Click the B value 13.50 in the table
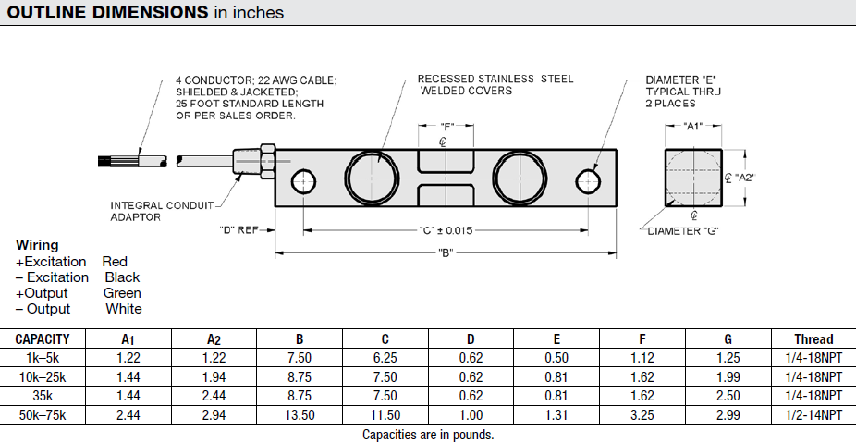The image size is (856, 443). pyautogui.click(x=299, y=415)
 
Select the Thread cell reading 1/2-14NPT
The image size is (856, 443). pyautogui.click(x=813, y=415)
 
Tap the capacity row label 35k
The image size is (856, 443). pyautogui.click(x=43, y=396)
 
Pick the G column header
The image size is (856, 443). pyautogui.click(x=728, y=339)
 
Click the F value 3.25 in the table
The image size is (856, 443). pyautogui.click(x=642, y=415)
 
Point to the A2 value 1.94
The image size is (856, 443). pyautogui.click(x=214, y=377)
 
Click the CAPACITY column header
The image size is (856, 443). pyautogui.click(x=43, y=339)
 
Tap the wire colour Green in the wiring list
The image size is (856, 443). pyautogui.click(x=122, y=293)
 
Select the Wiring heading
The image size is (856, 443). pyautogui.click(x=37, y=246)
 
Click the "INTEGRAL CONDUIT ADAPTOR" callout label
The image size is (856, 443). pyautogui.click(x=162, y=211)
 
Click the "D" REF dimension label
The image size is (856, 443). pyautogui.click(x=238, y=229)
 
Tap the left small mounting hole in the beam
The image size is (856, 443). pyautogui.click(x=302, y=178)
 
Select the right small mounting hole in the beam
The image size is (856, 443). pyautogui.click(x=588, y=178)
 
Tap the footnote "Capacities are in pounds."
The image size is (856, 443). pyautogui.click(x=428, y=435)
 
